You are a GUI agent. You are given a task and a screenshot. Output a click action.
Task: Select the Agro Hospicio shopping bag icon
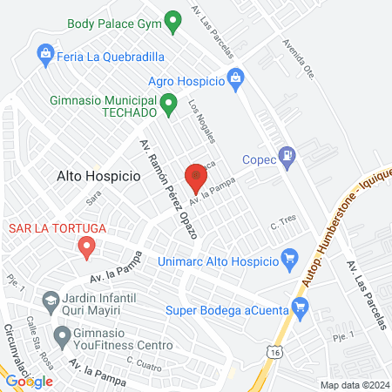point(234,80)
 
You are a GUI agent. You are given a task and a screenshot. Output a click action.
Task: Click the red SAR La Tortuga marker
point(86,248)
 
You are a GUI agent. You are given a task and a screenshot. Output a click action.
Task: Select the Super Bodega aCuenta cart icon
point(301,306)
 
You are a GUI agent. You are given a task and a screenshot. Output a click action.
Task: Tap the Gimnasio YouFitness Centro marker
point(61,335)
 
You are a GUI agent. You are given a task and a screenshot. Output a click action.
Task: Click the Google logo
point(29,381)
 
